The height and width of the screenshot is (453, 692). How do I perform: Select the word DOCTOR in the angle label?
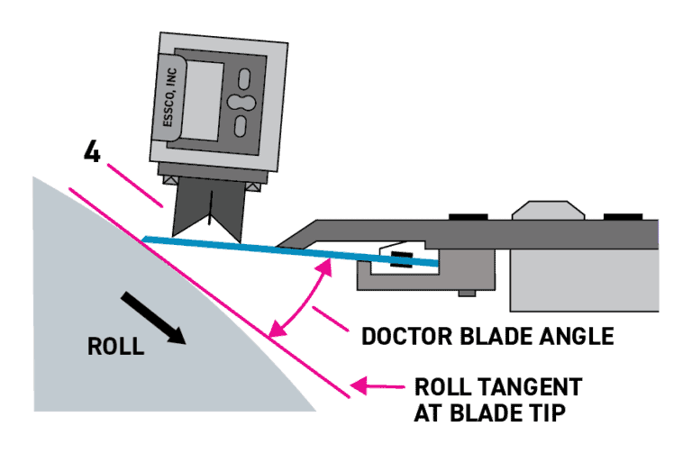click(414, 337)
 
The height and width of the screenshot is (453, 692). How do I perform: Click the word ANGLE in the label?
click(573, 337)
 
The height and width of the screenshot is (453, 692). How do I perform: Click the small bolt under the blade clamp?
click(465, 292)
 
